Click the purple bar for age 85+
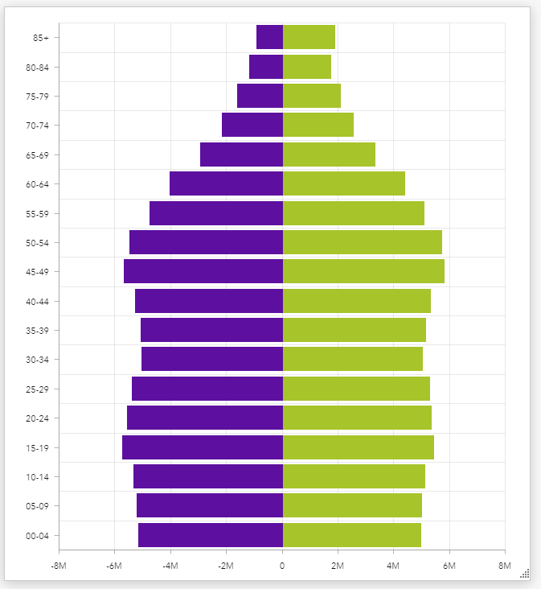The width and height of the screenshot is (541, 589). pos(269,37)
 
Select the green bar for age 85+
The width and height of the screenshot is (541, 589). pos(309,37)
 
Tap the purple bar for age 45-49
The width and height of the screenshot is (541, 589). pos(203,271)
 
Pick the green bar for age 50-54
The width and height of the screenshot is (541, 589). pos(362,242)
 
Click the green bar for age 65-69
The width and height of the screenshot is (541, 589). pos(329,154)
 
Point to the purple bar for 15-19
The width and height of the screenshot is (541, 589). pos(203,447)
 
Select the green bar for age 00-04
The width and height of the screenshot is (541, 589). pos(351,535)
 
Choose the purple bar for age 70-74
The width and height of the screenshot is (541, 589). pos(252,125)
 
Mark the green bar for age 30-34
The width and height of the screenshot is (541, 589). pos(352,359)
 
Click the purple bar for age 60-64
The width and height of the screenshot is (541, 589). pos(226,183)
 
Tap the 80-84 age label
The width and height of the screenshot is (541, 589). pos(37,68)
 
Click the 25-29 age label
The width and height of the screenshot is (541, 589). pos(37,389)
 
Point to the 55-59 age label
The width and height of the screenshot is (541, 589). pos(37,214)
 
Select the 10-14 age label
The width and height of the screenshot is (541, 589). pos(37,477)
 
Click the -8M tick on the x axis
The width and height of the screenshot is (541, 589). pos(59,566)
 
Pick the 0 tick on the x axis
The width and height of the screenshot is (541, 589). pos(282,566)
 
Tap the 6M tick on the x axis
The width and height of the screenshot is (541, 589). pos(449,566)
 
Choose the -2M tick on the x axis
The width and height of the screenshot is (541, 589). pos(226,566)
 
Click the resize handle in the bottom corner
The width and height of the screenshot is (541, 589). pos(525,573)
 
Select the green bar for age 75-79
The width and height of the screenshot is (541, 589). pos(311,96)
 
